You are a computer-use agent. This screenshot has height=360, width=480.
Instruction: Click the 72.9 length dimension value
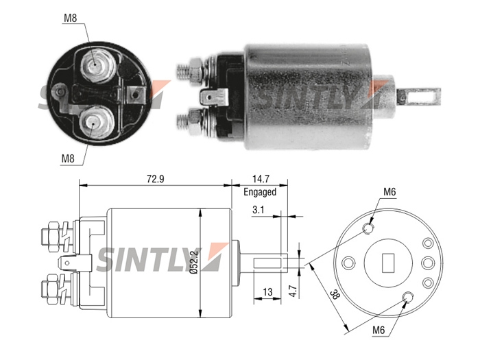pyautogui.click(x=155, y=178)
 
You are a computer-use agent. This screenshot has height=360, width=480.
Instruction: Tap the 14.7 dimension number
pyautogui.click(x=261, y=178)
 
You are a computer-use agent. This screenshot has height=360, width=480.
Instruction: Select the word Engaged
pyautogui.click(x=260, y=192)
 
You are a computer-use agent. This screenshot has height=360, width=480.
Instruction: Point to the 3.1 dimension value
pyautogui.click(x=258, y=210)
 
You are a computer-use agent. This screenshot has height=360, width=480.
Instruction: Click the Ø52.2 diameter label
pyautogui.click(x=195, y=262)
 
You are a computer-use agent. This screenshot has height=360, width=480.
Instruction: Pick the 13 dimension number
pyautogui.click(x=267, y=291)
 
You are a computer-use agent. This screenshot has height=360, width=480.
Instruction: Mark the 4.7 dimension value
pyautogui.click(x=293, y=291)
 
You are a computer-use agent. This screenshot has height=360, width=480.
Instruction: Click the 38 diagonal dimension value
pyautogui.click(x=335, y=296)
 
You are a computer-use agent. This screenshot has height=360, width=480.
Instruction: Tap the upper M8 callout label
pyautogui.click(x=70, y=19)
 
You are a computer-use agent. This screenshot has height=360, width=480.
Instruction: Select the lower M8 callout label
pyautogui.click(x=68, y=158)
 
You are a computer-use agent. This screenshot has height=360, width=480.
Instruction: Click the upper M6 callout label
pyautogui.click(x=389, y=192)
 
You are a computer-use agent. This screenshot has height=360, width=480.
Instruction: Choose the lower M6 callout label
pyautogui.click(x=379, y=331)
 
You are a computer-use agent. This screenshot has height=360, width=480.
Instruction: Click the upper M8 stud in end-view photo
pyautogui.click(x=96, y=66)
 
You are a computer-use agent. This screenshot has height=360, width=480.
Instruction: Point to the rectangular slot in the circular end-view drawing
pyautogui.click(x=388, y=263)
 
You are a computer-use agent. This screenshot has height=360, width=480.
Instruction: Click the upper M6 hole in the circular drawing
pyautogui.click(x=368, y=228)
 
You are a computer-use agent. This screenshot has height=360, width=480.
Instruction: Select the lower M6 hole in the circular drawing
pyautogui.click(x=408, y=297)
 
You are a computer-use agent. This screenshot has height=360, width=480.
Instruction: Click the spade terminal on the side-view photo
pyautogui.click(x=213, y=97)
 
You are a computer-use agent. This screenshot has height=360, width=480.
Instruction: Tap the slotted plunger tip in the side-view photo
pyautogui.click(x=418, y=97)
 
